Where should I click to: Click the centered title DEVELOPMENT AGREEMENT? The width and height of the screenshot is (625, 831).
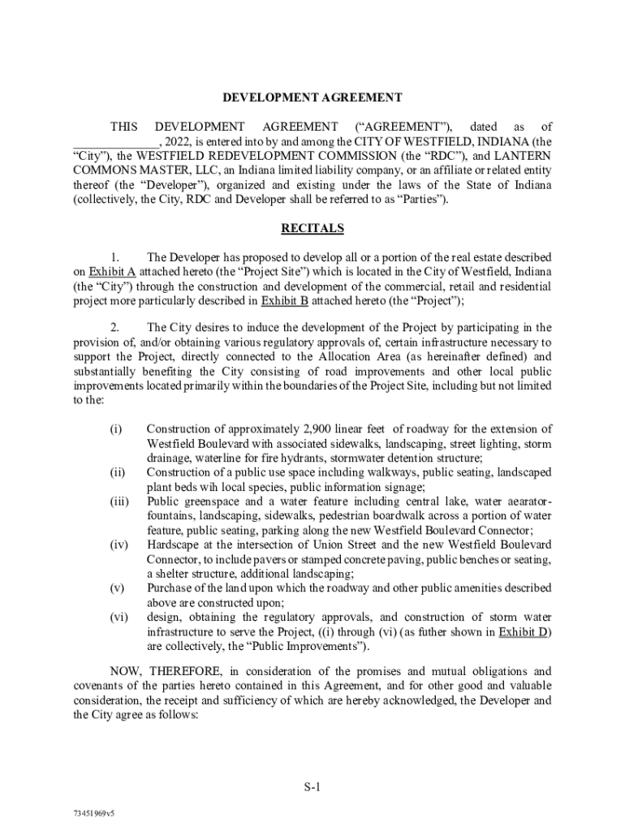pos(312,98)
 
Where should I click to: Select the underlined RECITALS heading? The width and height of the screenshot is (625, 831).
pos(312,229)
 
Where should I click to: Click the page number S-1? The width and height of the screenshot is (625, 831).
pos(313,786)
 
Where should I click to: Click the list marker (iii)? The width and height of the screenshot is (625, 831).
pos(119,502)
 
